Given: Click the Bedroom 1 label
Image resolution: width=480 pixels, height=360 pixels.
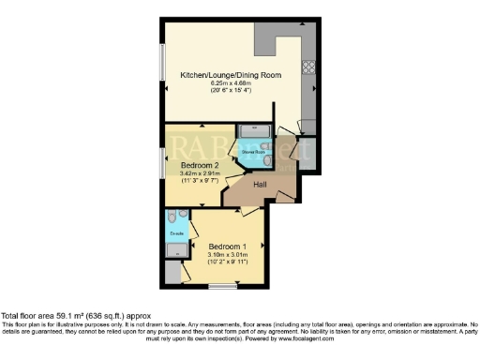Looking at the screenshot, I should click(x=225, y=245).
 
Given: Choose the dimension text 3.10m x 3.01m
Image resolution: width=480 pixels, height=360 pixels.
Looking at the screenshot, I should click(x=225, y=253).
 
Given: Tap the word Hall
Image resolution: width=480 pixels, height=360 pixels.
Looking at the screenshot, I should click(x=262, y=185).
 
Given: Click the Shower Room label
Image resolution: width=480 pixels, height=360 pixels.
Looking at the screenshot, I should click(x=253, y=150).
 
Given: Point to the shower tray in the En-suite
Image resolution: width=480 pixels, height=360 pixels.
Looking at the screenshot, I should click(x=175, y=249).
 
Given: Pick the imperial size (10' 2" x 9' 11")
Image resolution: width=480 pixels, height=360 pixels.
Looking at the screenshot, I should click(x=225, y=262).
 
